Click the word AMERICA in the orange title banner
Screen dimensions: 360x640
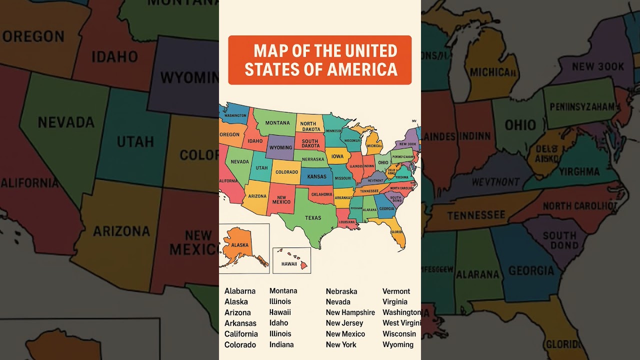[x=362, y=69]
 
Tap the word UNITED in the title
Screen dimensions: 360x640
[x=371, y=51]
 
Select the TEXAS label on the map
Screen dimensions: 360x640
[x=313, y=218]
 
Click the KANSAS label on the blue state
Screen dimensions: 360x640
[x=316, y=177]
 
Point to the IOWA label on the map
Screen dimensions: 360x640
[x=337, y=156]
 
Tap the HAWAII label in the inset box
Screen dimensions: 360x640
[x=289, y=263]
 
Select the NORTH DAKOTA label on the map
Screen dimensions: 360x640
[x=310, y=126]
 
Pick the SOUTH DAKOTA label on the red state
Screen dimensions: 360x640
[x=310, y=143]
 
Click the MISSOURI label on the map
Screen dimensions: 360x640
[x=342, y=178]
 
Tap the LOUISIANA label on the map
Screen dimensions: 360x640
[x=346, y=222]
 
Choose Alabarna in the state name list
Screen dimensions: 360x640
[x=240, y=291]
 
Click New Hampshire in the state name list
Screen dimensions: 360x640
[x=350, y=312]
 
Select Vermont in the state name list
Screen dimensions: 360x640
[x=396, y=291]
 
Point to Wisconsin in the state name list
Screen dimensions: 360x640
[x=399, y=333]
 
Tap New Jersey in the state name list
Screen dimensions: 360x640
[x=344, y=323]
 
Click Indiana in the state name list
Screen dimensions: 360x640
[x=281, y=344]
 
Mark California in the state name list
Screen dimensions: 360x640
[x=241, y=334]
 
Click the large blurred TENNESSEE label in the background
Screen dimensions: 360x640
[x=476, y=215]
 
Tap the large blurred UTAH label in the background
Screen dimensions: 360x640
[x=135, y=141]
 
